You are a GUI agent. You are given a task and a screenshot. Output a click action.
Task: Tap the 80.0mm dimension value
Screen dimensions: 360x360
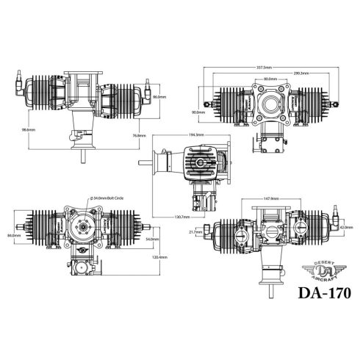[270, 79]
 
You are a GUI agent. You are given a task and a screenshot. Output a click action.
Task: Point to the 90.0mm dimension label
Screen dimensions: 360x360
[198, 112]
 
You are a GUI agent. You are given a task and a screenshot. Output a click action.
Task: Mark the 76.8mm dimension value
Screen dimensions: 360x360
[138, 135]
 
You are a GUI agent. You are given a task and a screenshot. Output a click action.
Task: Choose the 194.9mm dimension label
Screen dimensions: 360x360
[195, 135]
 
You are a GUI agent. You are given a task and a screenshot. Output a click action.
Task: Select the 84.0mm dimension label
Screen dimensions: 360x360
[12, 235]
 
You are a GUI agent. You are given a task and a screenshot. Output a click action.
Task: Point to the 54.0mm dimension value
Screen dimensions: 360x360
[152, 240]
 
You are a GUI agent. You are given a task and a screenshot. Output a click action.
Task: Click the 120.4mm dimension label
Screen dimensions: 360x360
[158, 257]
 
